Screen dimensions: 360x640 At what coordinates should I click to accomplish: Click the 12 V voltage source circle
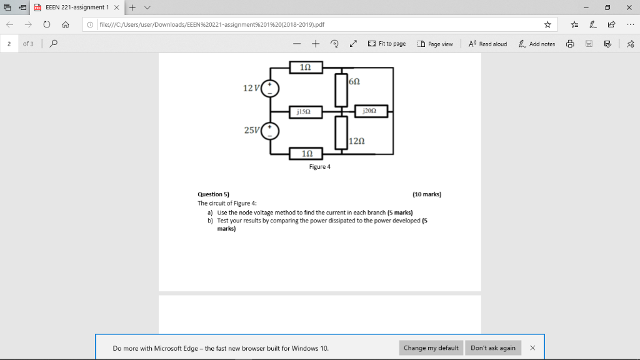[271, 87]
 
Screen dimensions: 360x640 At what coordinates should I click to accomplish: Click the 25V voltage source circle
[271, 131]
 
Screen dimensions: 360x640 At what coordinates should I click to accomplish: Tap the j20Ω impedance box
[372, 112]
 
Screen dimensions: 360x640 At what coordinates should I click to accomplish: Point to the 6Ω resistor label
[354, 82]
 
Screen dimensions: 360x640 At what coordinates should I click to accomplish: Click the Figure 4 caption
[319, 167]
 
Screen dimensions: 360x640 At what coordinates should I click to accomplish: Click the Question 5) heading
[213, 194]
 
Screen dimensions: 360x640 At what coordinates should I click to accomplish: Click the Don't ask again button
[493, 348]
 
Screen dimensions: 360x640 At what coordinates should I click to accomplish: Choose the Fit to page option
[387, 44]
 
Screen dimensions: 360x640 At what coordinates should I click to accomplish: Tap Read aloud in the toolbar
[487, 44]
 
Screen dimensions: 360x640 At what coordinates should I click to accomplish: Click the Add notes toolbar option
[537, 44]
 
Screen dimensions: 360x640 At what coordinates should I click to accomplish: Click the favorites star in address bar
[547, 25]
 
